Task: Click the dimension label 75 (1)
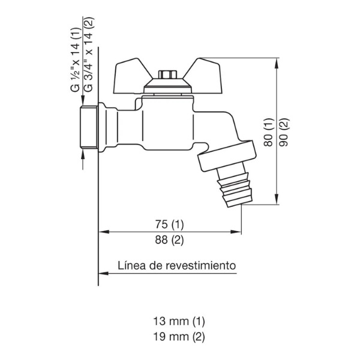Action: (x=169, y=224)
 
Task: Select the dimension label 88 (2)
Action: (x=169, y=240)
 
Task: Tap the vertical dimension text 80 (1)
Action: (x=269, y=132)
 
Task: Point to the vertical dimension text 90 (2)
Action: (x=284, y=132)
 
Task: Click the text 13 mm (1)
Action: (x=179, y=321)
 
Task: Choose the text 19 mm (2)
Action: (x=179, y=337)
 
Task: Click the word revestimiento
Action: (x=201, y=265)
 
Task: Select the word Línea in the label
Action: (x=132, y=265)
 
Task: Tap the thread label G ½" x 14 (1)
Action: (x=76, y=59)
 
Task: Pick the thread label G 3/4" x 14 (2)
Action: (x=89, y=54)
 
